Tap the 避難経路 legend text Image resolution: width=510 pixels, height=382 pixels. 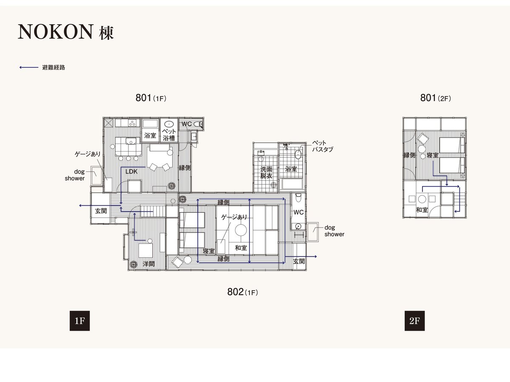[x=54, y=67]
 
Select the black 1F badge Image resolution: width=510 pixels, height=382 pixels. [x=80, y=321]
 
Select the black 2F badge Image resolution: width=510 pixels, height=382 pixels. [x=414, y=321]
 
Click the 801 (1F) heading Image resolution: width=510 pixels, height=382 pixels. [x=151, y=98]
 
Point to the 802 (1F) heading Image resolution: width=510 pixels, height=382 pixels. [x=242, y=292]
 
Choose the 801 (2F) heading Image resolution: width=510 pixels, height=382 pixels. [x=436, y=98]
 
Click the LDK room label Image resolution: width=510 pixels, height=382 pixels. [x=131, y=171]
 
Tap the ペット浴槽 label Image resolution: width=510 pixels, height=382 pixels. [x=169, y=135]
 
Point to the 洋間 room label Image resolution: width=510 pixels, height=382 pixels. [x=148, y=264]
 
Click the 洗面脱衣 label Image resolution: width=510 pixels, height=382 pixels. [x=266, y=172]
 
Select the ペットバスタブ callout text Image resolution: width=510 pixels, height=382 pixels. [x=323, y=146]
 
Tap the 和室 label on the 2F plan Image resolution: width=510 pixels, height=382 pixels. [x=422, y=210]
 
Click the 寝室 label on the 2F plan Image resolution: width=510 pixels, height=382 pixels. [x=433, y=155]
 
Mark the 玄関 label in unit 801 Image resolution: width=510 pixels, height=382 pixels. [x=101, y=211]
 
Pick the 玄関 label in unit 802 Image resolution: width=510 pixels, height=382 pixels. [x=299, y=261]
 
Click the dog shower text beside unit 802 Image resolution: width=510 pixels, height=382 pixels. [x=334, y=231]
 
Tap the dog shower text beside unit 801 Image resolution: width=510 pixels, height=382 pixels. [x=74, y=175]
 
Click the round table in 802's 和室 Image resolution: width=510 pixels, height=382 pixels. [x=241, y=230]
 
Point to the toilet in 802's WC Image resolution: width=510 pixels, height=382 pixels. [x=298, y=198]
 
